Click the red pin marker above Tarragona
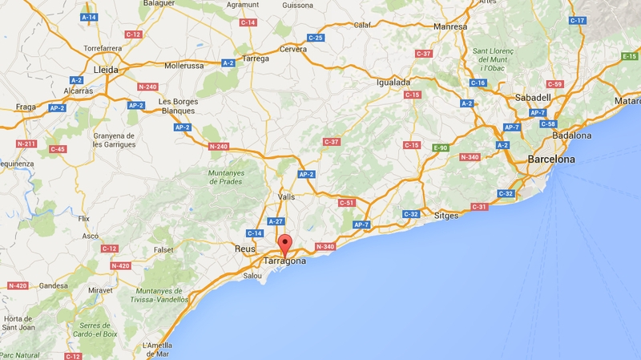(x=284, y=245)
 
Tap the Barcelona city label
(x=551, y=160)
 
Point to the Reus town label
(x=244, y=249)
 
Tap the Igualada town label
(x=393, y=83)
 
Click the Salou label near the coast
(x=252, y=276)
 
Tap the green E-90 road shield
(x=440, y=148)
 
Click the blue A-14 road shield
(x=89, y=16)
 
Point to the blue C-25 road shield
(x=315, y=38)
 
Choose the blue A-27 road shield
(x=276, y=220)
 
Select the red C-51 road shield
(x=346, y=203)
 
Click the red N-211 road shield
(x=26, y=144)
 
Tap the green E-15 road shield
(x=630, y=56)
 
